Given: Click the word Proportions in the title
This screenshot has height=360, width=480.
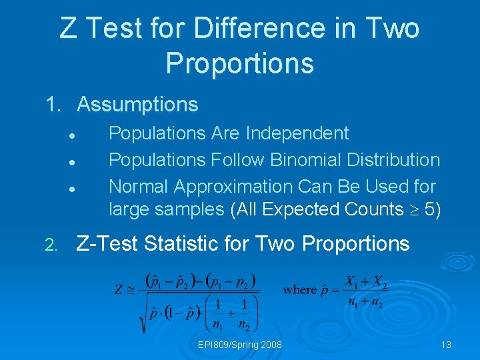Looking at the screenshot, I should (239, 63).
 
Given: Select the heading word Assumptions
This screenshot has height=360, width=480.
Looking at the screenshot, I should (137, 105).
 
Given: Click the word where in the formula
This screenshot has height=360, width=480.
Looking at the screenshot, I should (299, 289).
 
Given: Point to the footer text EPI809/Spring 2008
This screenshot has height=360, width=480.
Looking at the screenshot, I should (240, 345).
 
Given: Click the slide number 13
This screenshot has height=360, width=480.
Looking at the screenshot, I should (446, 345).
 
